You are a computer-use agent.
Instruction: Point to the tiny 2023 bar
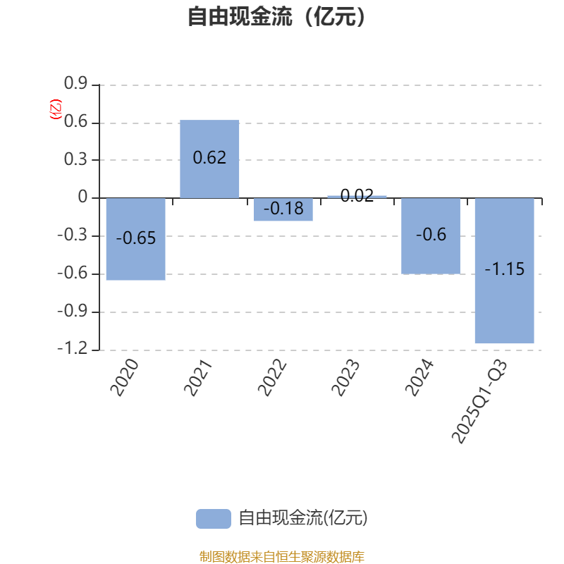(357, 196)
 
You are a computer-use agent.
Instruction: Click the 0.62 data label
(209, 157)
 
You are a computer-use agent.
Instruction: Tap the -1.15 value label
(504, 269)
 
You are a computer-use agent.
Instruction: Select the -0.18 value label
(283, 209)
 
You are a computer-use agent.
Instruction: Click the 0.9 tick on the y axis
(75, 85)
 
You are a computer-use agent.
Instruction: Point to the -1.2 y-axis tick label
(73, 349)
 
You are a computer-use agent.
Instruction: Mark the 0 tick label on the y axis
(83, 198)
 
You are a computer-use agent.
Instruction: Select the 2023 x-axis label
(348, 377)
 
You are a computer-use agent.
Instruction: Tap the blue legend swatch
(213, 518)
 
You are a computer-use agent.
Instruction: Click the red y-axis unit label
(55, 109)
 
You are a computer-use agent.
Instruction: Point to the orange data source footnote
(282, 557)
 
